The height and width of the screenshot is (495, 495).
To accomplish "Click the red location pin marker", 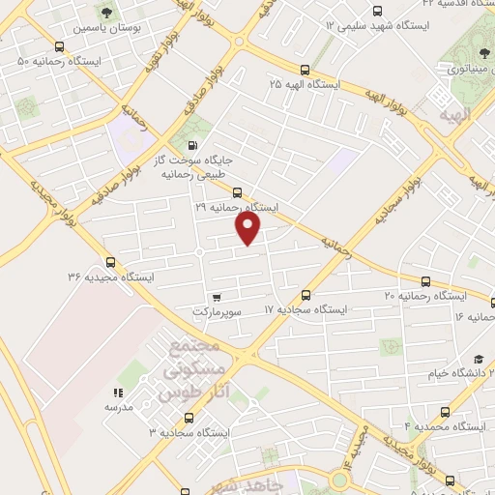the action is tap(248, 228).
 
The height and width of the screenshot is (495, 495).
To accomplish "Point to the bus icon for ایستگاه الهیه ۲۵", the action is tap(306, 70).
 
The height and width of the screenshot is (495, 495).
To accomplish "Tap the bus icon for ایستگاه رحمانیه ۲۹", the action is tap(237, 191).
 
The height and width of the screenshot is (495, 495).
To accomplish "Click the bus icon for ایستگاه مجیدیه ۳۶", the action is tap(109, 261).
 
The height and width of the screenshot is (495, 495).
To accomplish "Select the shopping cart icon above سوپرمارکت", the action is tap(216, 297).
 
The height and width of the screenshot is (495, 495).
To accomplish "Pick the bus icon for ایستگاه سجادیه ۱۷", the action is tap(306, 294).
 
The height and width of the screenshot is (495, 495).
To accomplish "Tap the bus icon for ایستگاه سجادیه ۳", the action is tap(189, 418).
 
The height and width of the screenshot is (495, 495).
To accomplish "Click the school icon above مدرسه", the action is tap(118, 393).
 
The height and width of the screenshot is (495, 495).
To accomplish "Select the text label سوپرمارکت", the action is tap(216, 312).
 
